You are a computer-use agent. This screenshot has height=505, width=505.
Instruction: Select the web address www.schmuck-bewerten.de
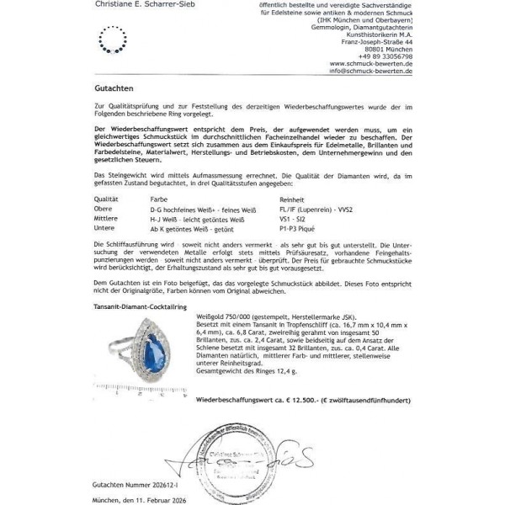tap(371, 64)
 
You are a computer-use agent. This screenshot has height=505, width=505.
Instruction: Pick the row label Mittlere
tap(107, 217)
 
